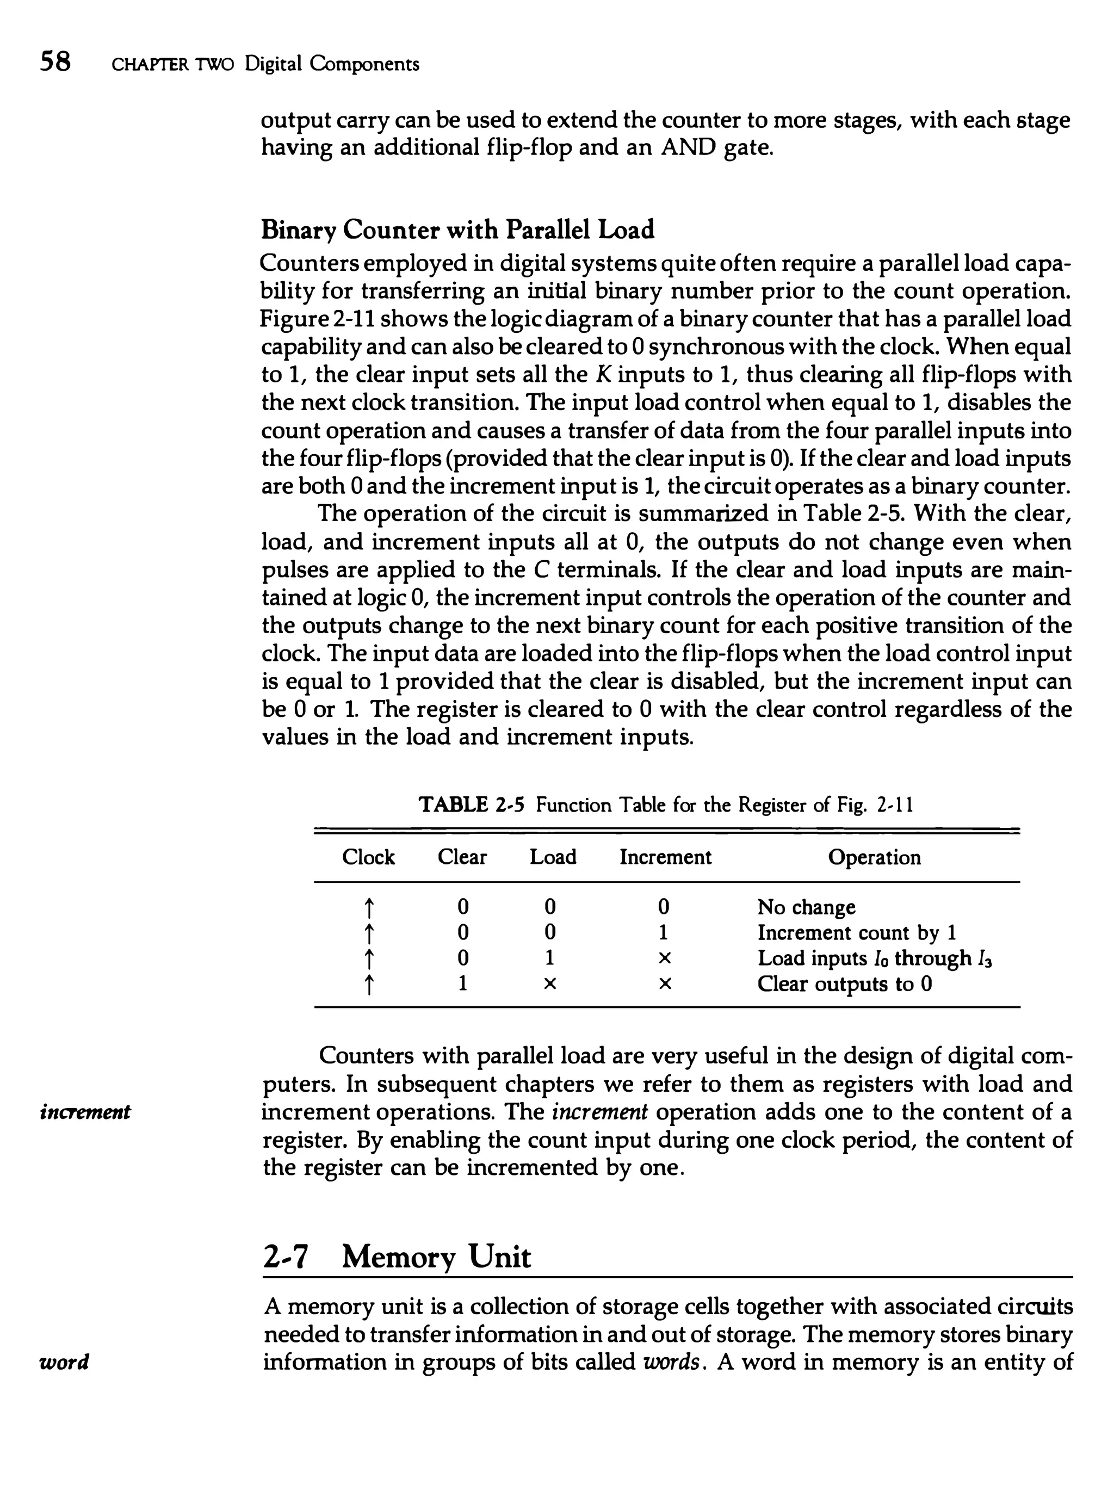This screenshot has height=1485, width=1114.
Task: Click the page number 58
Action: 55,62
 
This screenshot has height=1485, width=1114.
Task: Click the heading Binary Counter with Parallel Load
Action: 456,230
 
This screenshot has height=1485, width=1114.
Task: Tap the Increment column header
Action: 665,857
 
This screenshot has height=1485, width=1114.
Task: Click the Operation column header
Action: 874,857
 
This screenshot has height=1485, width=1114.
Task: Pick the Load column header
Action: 553,857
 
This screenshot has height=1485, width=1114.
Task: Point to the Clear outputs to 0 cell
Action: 844,984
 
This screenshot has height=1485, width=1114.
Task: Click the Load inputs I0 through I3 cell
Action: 874,958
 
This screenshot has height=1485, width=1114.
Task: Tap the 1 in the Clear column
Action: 462,984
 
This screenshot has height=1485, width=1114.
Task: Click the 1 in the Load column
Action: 550,958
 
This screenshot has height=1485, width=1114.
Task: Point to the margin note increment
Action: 85,1112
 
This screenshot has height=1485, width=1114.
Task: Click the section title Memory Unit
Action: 436,1257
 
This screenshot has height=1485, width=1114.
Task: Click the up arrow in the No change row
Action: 368,908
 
